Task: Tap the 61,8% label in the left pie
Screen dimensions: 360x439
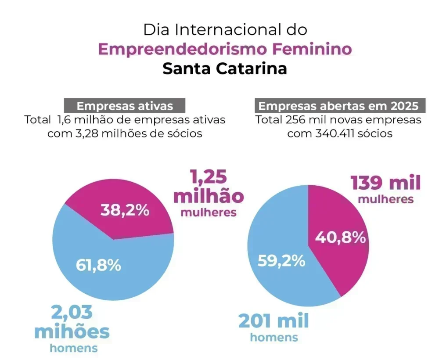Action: click(98, 265)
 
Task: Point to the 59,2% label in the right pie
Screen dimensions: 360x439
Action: click(281, 261)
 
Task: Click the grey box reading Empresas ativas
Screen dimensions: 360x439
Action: click(125, 106)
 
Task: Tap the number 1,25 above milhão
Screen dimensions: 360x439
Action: click(208, 176)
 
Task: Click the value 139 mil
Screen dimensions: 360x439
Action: click(385, 183)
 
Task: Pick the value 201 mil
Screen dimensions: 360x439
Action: click(273, 321)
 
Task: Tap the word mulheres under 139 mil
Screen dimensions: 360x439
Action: click(385, 199)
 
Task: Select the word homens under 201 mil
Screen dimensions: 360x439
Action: click(273, 337)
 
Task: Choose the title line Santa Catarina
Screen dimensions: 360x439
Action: click(225, 68)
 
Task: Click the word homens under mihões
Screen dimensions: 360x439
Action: click(73, 349)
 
